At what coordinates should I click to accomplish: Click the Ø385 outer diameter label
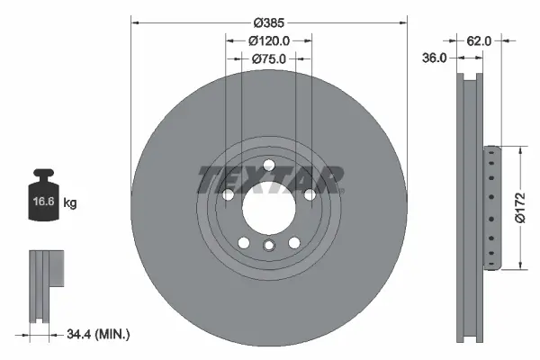pos(268,22)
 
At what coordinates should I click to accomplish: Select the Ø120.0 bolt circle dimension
pos(268,40)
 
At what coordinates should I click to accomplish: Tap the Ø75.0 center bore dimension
pos(268,59)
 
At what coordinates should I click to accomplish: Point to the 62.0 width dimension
pos(479,40)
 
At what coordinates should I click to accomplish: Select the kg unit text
pos(70,203)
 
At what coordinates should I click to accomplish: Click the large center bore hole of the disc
pos(268,207)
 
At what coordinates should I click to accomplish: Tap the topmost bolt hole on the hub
pos(268,163)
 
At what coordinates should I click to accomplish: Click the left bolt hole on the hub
pos(228,194)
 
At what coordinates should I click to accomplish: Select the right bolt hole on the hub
pos(310,194)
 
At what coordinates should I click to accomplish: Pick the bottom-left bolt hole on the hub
pos(243,241)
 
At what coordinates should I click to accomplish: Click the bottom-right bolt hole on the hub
pos(293,241)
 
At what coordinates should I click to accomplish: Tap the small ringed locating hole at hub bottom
pos(268,246)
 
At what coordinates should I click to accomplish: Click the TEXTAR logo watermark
pos(269,179)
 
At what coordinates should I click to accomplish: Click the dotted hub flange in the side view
pos(490,207)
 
